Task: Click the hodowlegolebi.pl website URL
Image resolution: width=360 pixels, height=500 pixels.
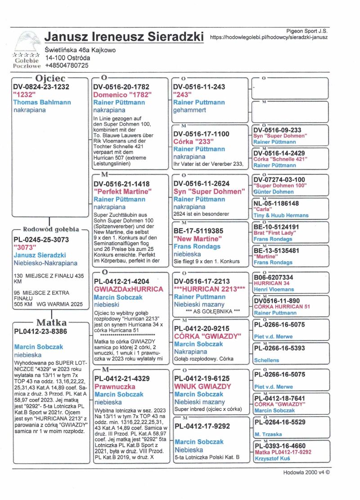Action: [x=269, y=38]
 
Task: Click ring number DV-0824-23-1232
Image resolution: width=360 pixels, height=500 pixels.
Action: [x=41, y=87]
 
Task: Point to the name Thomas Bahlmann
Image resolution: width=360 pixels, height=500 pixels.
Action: [x=42, y=102]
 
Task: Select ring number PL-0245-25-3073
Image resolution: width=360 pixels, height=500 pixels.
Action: [x=41, y=239]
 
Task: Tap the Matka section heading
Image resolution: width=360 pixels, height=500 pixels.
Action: [x=51, y=323]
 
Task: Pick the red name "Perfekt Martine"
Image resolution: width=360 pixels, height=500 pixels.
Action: [x=122, y=191]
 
